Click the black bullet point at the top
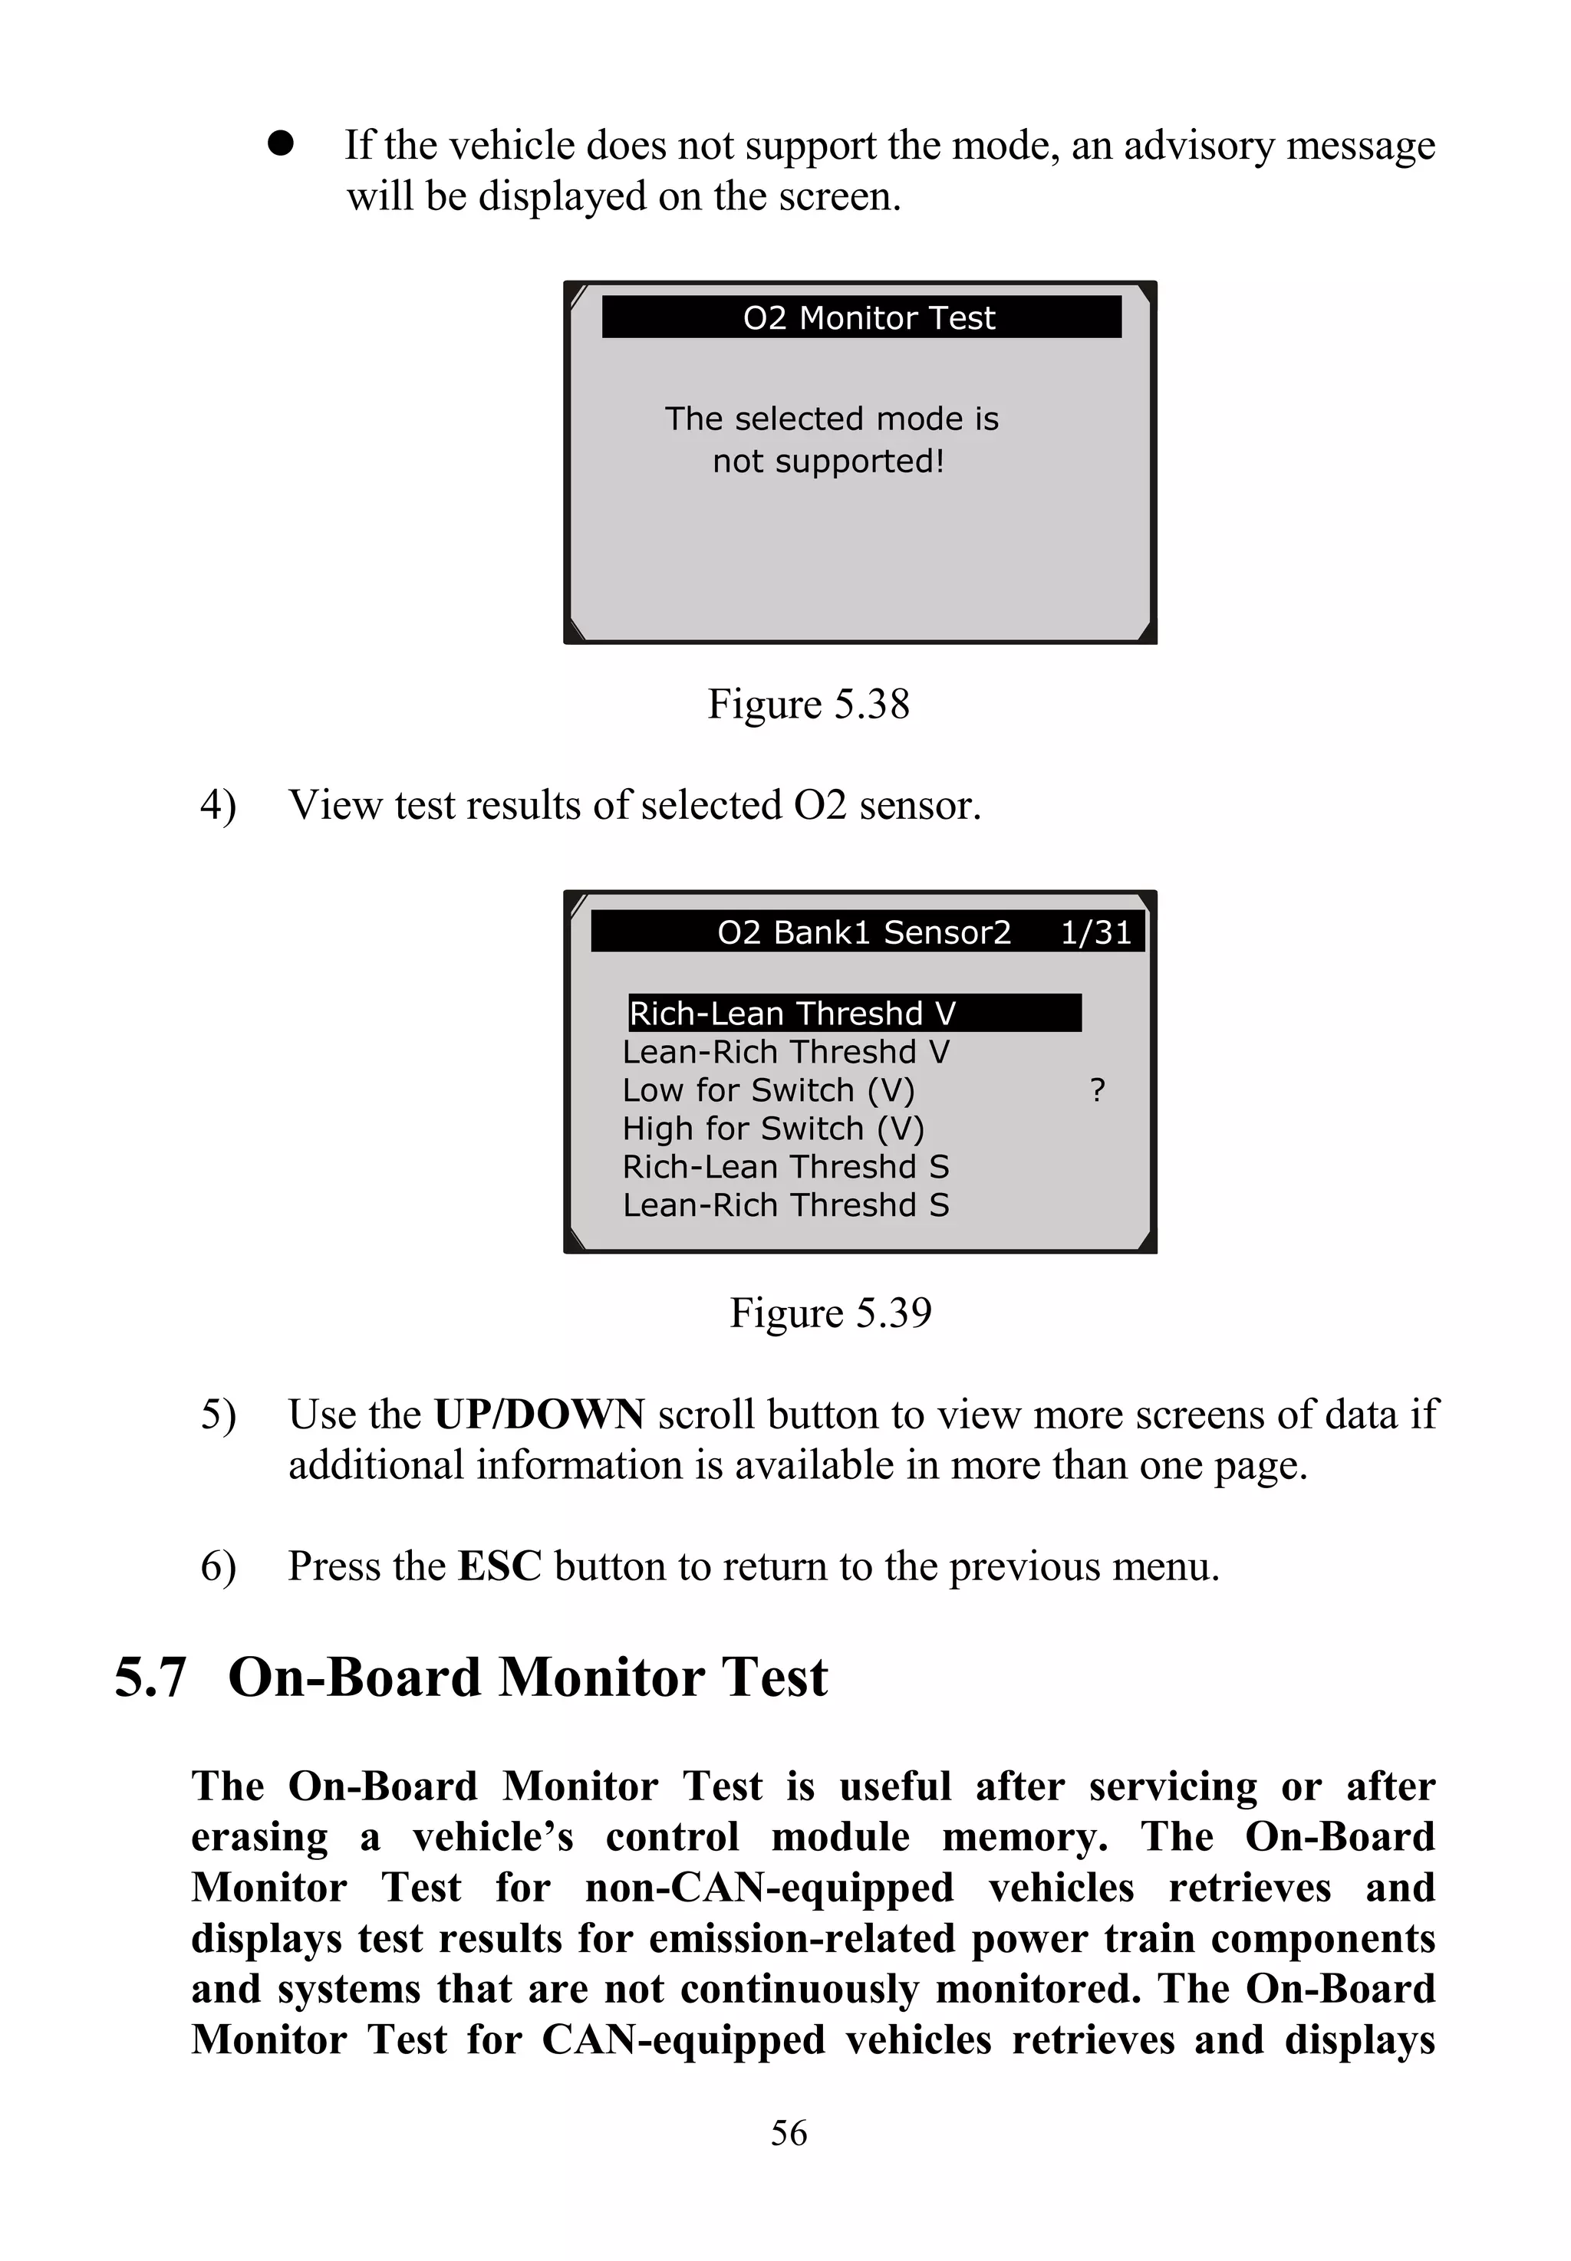point(281,143)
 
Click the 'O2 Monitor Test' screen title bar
point(861,317)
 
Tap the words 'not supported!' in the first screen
point(828,461)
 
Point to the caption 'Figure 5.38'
point(809,704)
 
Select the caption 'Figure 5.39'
point(830,1312)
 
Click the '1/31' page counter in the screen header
point(1095,932)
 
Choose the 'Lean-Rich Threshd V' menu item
point(785,1052)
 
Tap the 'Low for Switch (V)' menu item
point(768,1090)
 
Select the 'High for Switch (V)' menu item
point(772,1129)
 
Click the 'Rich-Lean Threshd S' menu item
point(785,1167)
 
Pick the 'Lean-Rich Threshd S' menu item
point(785,1205)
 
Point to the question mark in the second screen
point(1098,1090)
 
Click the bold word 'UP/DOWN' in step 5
point(539,1414)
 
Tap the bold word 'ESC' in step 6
point(499,1566)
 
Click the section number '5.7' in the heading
point(150,1678)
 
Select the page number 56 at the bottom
point(789,2133)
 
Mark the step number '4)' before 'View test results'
point(218,805)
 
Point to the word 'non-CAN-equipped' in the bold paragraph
point(769,1887)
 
